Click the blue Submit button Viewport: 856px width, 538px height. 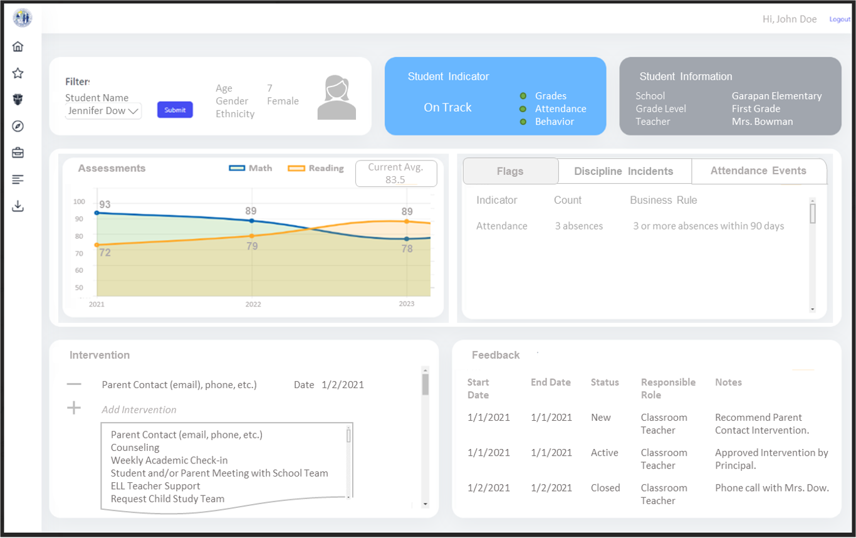(175, 110)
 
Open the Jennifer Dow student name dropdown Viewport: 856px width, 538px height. (103, 111)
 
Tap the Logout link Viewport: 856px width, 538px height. (840, 19)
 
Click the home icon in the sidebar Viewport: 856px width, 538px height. (18, 46)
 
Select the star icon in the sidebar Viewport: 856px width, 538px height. (18, 73)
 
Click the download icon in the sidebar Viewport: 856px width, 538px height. (18, 206)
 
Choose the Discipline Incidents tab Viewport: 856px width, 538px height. (624, 171)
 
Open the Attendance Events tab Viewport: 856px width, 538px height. (758, 171)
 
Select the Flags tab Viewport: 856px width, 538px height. (510, 171)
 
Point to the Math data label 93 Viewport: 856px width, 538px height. (105, 204)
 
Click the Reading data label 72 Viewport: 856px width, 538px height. (105, 253)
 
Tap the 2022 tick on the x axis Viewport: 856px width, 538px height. (253, 304)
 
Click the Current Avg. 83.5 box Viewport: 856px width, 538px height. (395, 173)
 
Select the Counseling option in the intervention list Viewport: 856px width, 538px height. (135, 448)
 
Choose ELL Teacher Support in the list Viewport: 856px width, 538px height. (155, 486)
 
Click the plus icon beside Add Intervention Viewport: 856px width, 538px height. (74, 408)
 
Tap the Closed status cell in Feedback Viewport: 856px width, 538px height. (605, 488)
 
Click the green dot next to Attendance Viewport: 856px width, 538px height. (523, 109)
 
